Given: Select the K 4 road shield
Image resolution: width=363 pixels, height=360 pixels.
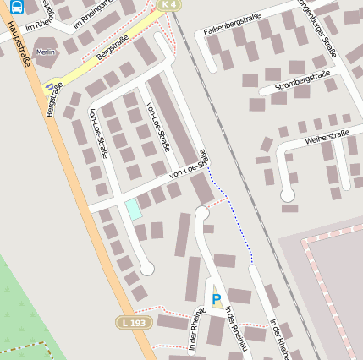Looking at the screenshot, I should pyautogui.click(x=168, y=5).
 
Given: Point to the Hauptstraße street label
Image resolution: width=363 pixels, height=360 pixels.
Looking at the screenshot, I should pyautogui.click(x=19, y=42).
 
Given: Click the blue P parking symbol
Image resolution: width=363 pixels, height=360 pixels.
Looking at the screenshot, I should pyautogui.click(x=216, y=299).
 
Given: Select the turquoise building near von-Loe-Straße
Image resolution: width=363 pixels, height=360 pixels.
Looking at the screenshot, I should pyautogui.click(x=134, y=209).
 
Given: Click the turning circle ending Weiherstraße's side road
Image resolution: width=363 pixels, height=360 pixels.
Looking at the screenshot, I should pyautogui.click(x=288, y=194).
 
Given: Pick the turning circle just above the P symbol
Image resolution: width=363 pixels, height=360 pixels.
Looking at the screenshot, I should pyautogui.click(x=201, y=213).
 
